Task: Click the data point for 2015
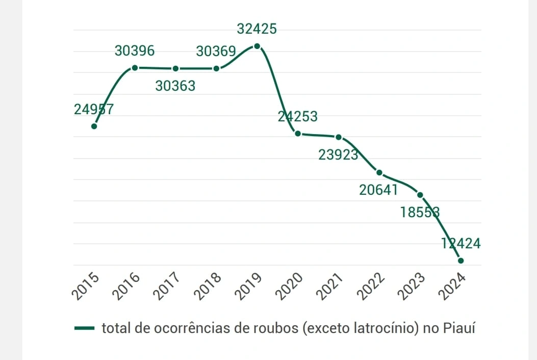[94, 126]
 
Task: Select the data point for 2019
[257, 46]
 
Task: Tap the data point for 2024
[461, 261]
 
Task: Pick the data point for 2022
[379, 172]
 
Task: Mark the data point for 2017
[175, 68]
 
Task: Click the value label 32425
[257, 29]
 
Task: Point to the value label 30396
[135, 51]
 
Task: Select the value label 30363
[175, 86]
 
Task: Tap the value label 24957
[94, 109]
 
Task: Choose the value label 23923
[339, 155]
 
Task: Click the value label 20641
[378, 190]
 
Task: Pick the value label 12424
[461, 244]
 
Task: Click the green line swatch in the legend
[84, 328]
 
